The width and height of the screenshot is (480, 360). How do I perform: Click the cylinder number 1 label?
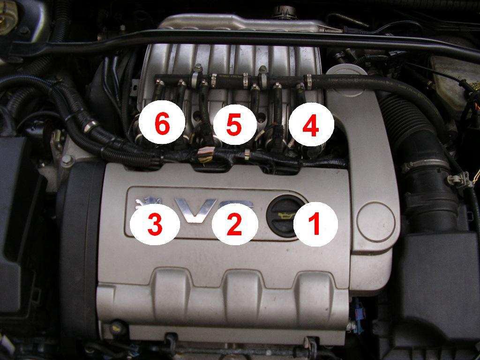(x=315, y=224)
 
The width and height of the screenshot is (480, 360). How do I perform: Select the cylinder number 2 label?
(x=235, y=223)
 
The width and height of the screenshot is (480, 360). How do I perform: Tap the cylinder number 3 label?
(x=155, y=224)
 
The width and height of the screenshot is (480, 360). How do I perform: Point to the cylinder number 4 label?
(x=311, y=125)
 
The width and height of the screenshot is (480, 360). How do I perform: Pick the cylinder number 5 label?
(x=235, y=124)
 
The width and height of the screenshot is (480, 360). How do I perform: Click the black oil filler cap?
(x=283, y=216)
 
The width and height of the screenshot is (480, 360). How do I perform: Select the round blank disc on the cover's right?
(x=376, y=222)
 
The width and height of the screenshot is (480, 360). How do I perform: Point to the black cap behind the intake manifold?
(x=285, y=11)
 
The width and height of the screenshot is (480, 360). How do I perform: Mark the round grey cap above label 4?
(x=346, y=74)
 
